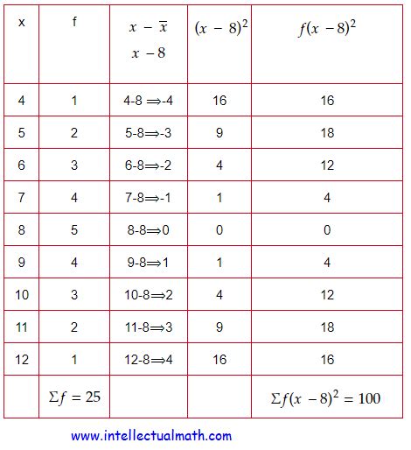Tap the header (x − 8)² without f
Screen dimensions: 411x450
[x=219, y=28]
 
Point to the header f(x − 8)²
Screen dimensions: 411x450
[x=327, y=28]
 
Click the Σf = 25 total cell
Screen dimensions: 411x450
[x=74, y=397]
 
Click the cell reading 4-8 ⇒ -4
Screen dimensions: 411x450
[x=148, y=101]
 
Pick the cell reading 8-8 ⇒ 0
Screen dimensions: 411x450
[x=148, y=230]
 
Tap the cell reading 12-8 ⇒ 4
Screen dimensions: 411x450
[x=148, y=360]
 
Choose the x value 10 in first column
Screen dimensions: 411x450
[x=21, y=295]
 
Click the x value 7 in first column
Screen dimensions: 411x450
[x=21, y=198]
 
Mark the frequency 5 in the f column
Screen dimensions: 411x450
[x=74, y=230]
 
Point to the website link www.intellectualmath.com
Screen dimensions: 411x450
[x=151, y=435]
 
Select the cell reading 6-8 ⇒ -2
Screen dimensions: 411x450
[x=148, y=165]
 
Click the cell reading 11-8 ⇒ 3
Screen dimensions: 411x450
[x=148, y=327]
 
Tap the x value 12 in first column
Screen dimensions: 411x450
[x=21, y=360]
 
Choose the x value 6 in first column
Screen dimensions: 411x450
[x=21, y=165]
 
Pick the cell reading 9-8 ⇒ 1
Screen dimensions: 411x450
[x=148, y=263]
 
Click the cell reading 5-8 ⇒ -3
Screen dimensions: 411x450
[x=148, y=133]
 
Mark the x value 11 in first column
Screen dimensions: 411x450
[x=21, y=327]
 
